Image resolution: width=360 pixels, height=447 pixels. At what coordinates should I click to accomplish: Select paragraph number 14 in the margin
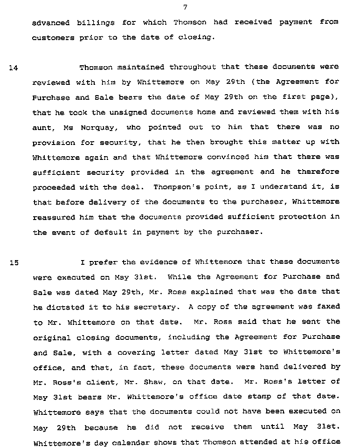[x=13, y=68]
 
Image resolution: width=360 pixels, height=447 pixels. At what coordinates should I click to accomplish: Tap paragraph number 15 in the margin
[x=14, y=262]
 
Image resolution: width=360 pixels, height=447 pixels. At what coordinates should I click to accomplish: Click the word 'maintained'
[x=141, y=67]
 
